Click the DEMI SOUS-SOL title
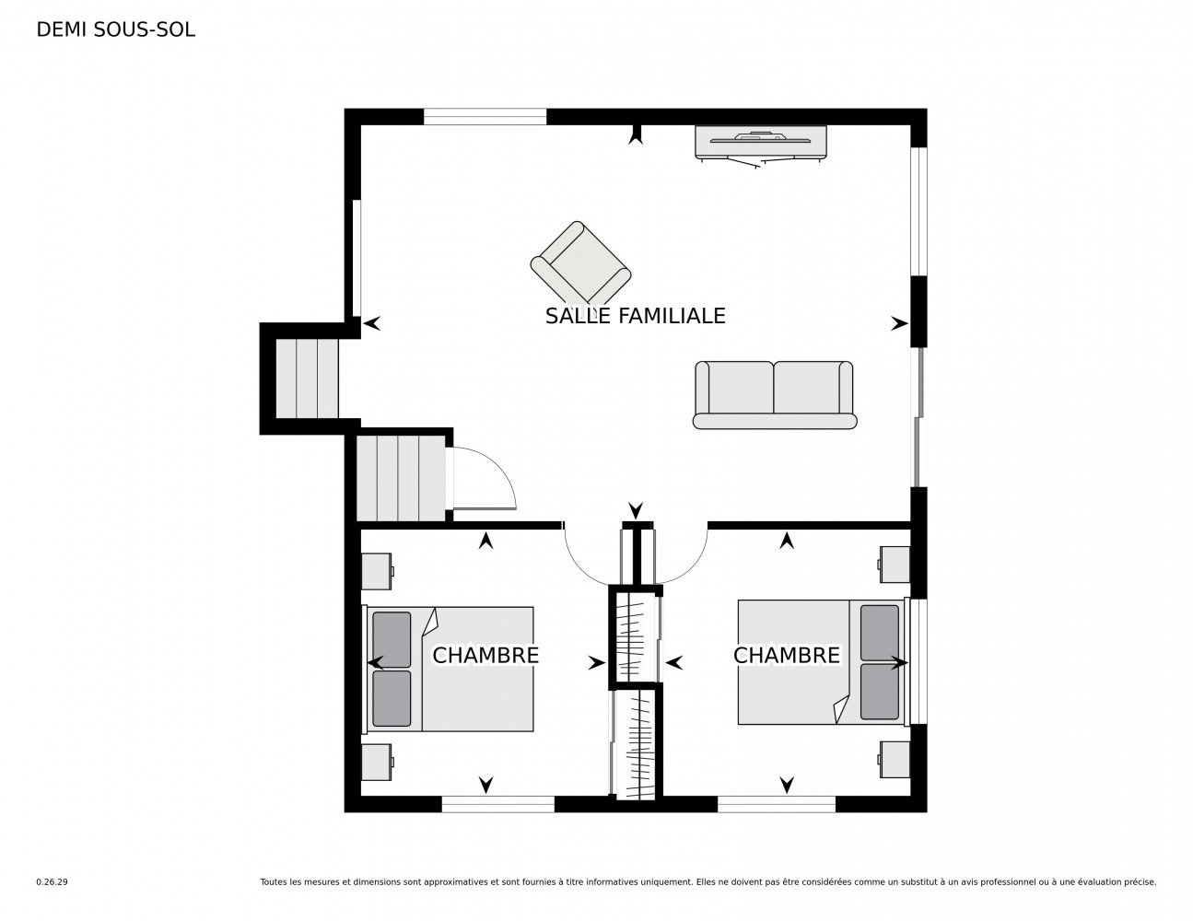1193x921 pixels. coord(115,29)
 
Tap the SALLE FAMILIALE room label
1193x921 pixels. coord(636,316)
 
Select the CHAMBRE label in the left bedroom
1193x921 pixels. coord(485,655)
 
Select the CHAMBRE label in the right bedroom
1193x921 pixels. coord(786,655)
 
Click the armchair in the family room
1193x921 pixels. coord(580,266)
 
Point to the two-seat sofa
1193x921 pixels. coord(774,394)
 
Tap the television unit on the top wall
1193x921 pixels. coord(761,144)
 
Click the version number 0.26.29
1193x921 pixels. coord(53,882)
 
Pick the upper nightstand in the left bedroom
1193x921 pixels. coord(377,571)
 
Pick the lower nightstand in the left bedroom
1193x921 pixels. coord(377,762)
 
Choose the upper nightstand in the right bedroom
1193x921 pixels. coord(895,565)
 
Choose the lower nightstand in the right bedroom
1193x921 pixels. coord(895,760)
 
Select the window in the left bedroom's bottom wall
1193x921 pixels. coord(498,804)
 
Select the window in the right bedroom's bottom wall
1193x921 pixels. coord(777,804)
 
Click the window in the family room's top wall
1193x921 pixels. coord(485,116)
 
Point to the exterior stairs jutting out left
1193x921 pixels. coord(307,379)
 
